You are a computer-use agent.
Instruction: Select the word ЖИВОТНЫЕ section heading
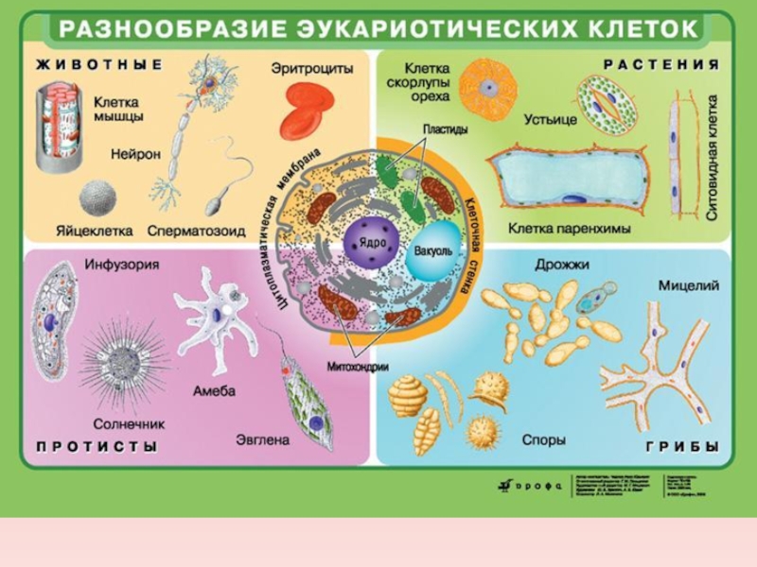(x=99, y=65)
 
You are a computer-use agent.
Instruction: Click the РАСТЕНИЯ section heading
(x=661, y=65)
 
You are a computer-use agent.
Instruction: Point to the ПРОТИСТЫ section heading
(x=97, y=447)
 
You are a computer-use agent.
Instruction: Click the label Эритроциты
(x=312, y=69)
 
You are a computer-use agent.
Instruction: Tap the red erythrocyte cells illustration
(x=307, y=110)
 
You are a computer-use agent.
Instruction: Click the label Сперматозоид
(x=196, y=230)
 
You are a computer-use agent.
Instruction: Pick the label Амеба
(x=214, y=390)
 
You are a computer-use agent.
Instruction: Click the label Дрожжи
(x=562, y=266)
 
